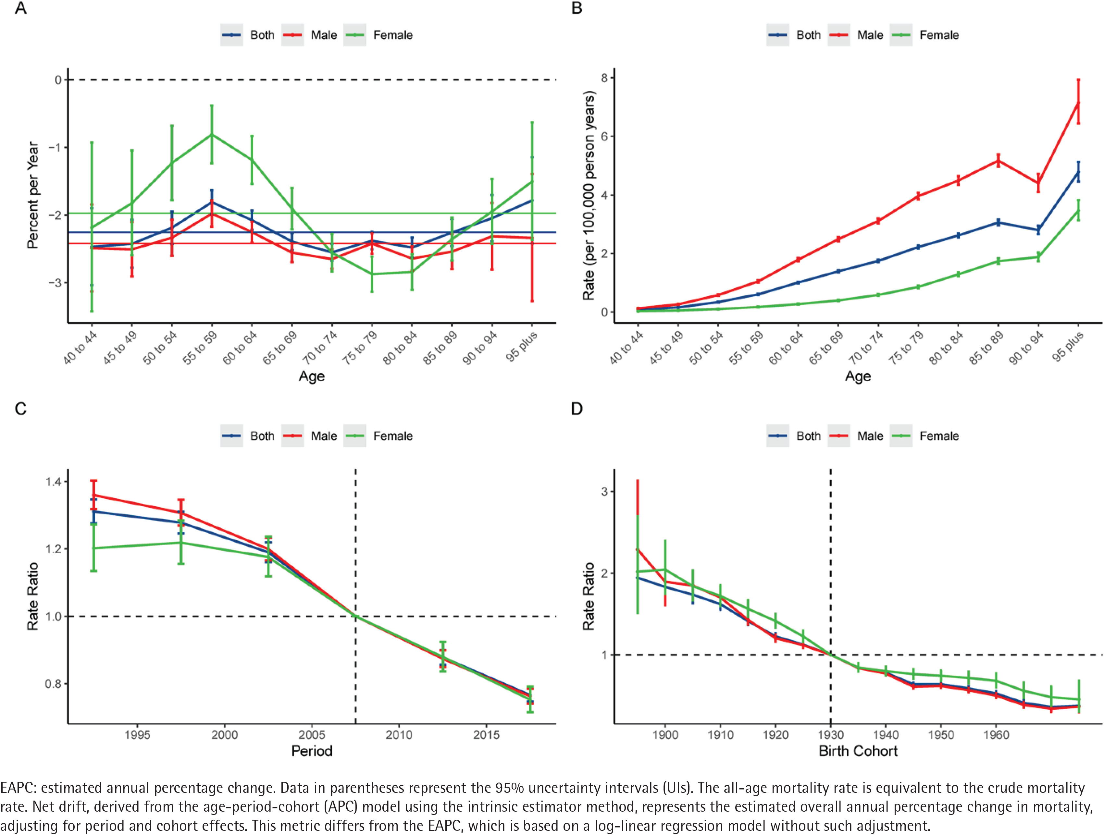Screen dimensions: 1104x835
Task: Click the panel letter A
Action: coord(20,8)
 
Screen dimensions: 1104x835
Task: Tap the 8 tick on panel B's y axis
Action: coord(604,78)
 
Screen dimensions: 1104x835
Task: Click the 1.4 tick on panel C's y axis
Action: coord(54,482)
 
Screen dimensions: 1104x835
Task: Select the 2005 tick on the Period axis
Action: coord(312,735)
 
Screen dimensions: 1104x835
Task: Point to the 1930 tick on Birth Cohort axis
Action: coord(831,735)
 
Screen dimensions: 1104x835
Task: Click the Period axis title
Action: coord(312,751)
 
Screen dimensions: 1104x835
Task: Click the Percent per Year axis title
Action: coord(33,195)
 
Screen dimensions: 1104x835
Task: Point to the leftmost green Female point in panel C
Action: coord(93,548)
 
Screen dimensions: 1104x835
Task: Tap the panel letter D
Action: coord(577,409)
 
